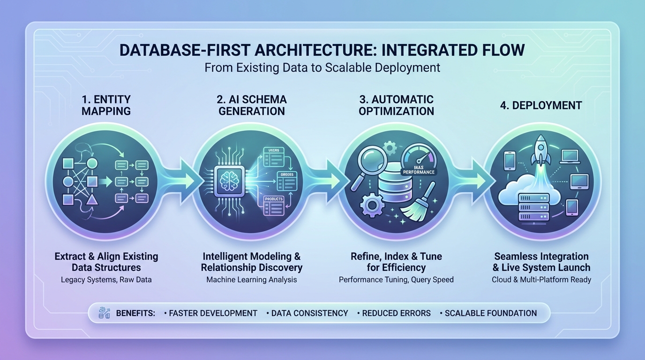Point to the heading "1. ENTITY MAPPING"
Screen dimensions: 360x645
tap(106, 105)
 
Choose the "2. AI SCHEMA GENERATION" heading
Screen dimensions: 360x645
tap(251, 105)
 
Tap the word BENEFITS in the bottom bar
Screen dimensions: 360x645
tap(135, 313)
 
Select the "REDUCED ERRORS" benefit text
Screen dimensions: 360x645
tap(396, 313)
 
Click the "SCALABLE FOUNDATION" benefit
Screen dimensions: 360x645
tap(490, 313)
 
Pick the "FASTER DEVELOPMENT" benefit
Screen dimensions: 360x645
tap(213, 313)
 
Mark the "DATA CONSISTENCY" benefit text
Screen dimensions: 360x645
tap(310, 313)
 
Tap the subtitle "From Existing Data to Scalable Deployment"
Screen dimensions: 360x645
tap(322, 67)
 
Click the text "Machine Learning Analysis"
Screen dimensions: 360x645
tap(252, 279)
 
